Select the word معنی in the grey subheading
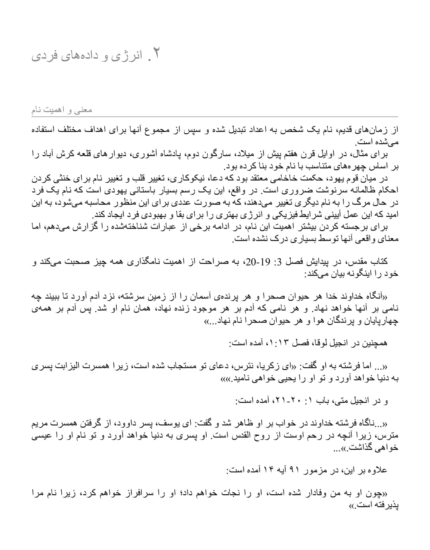[84, 109]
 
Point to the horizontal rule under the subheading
[215, 116]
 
